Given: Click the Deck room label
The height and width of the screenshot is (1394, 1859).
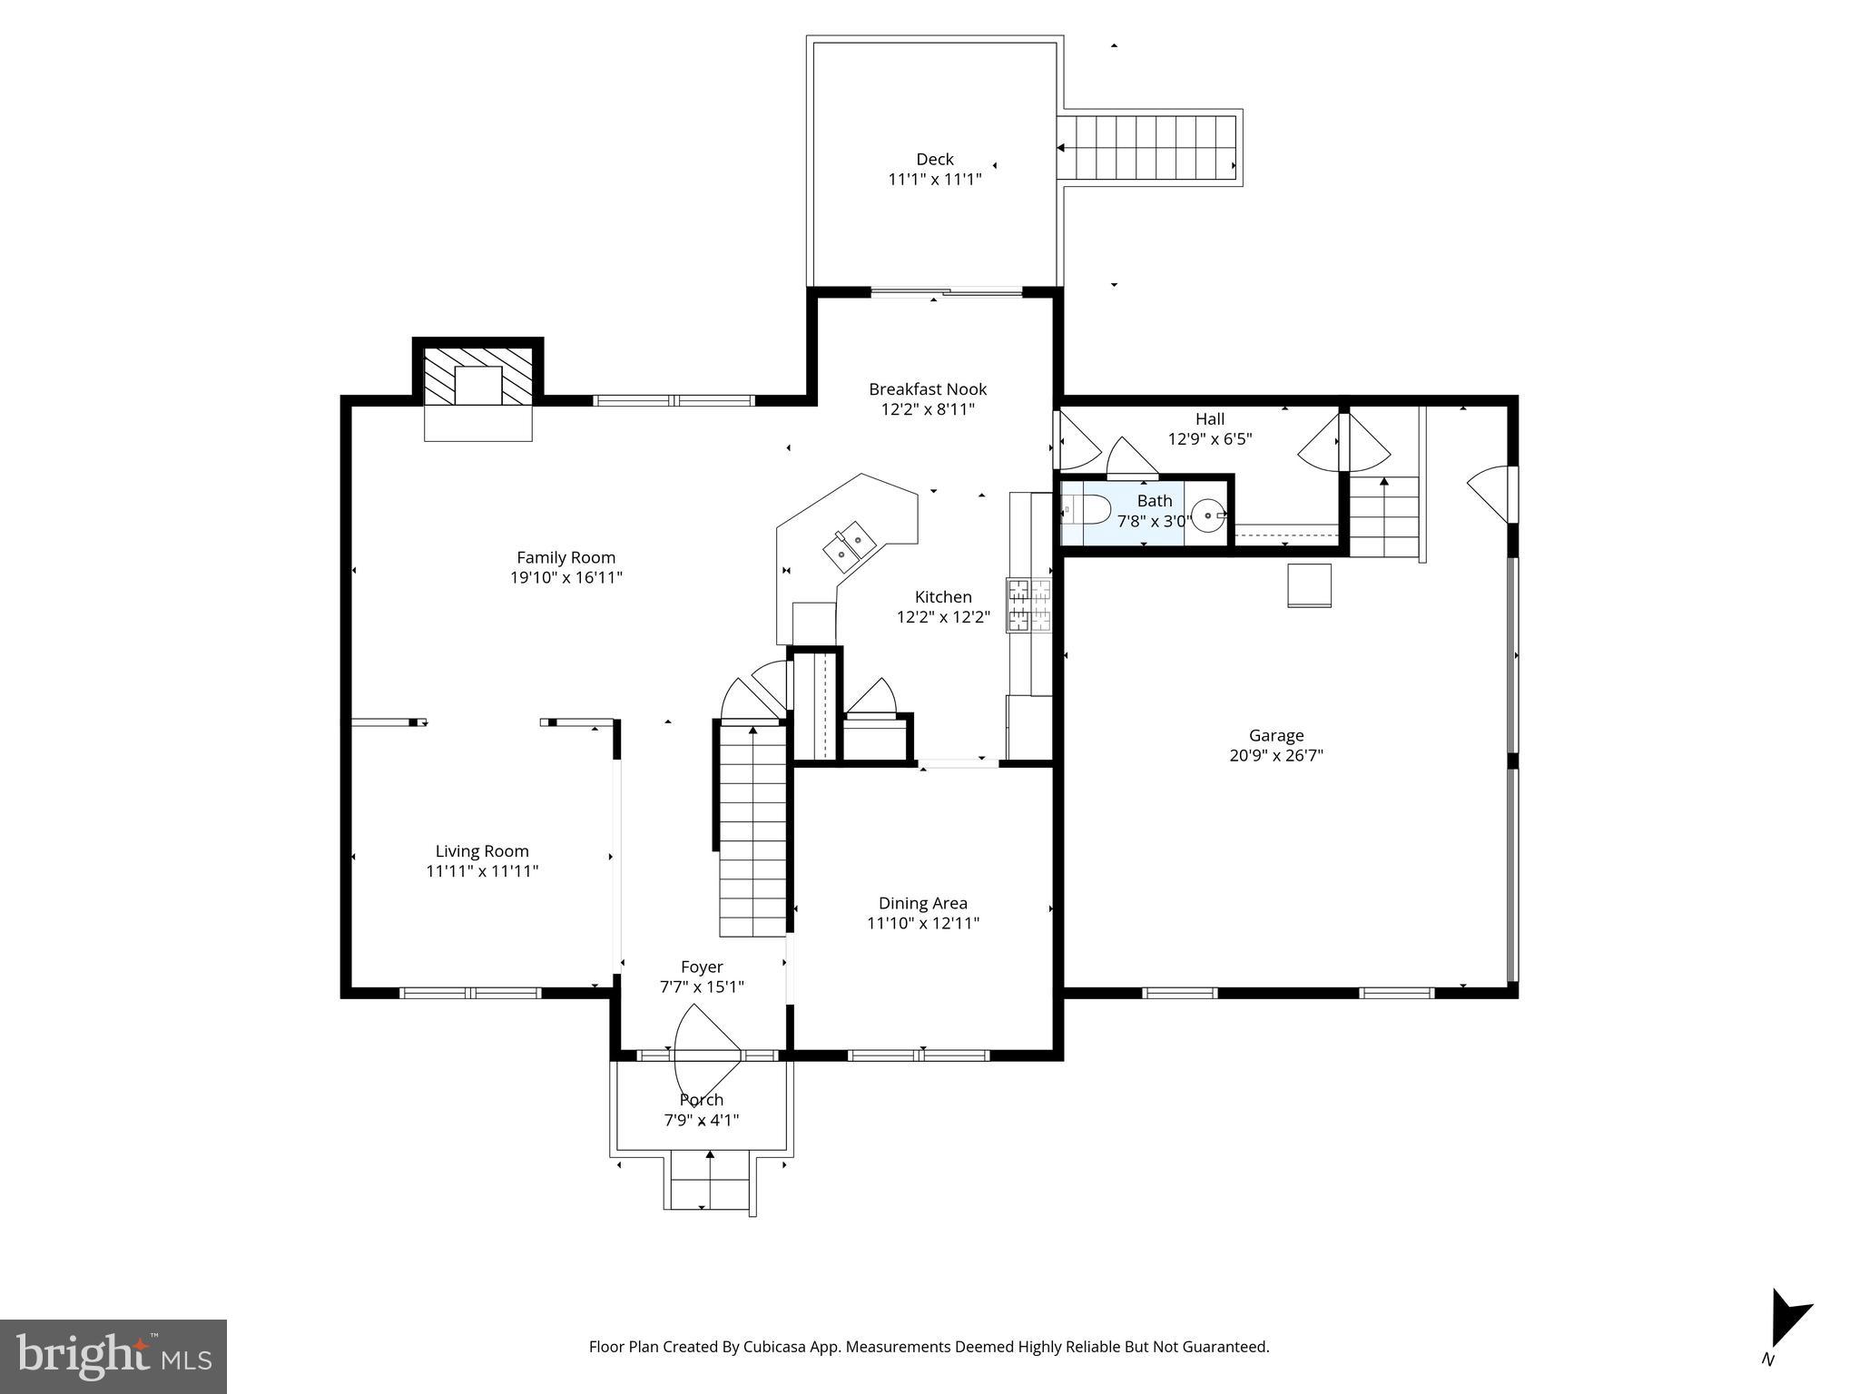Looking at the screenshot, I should tap(934, 160).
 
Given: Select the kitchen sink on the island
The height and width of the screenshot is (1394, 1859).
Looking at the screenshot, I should tap(848, 545).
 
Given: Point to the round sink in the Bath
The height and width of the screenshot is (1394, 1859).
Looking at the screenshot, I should tap(1208, 515).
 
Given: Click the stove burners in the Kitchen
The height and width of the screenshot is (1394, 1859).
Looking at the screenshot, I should tap(1028, 604).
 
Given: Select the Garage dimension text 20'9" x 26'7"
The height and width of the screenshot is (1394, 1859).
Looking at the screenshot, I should tap(1276, 755).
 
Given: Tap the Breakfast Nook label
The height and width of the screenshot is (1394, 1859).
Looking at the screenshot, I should tap(928, 389).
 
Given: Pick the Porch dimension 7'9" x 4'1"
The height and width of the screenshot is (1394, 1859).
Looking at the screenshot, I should tap(702, 1120).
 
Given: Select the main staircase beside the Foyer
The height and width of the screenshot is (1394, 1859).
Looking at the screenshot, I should tap(752, 830).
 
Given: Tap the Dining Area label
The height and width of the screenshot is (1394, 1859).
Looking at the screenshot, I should tap(922, 903).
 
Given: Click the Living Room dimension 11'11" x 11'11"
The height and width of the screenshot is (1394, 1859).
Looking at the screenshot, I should tap(482, 871).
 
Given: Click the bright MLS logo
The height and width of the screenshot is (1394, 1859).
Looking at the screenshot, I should tap(113, 1357).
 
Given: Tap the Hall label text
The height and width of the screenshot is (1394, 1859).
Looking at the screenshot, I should tap(1209, 419).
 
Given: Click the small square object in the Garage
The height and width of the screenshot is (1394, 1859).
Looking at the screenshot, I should tap(1309, 585).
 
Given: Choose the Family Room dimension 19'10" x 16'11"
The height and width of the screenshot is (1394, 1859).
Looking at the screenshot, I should tap(566, 577).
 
